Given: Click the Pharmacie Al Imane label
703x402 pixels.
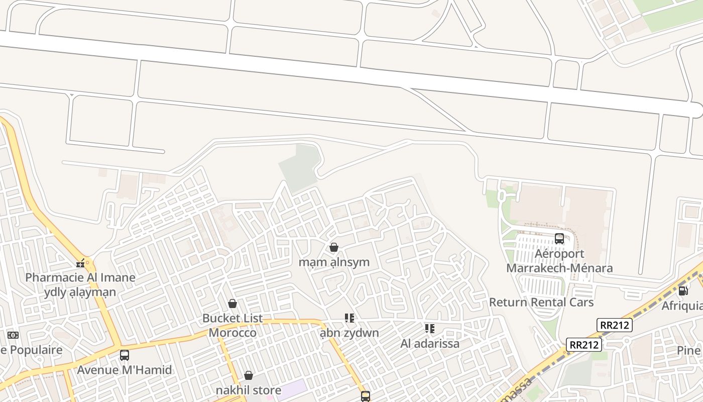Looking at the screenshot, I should (80, 277).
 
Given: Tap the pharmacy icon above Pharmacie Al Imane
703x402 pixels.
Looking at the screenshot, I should (80, 263).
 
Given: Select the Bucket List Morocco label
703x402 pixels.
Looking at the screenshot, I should (232, 325).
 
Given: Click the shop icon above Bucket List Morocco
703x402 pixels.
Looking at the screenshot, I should (232, 304).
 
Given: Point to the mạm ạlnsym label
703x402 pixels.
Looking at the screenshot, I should (334, 262).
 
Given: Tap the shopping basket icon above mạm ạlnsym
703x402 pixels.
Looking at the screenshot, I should (333, 247).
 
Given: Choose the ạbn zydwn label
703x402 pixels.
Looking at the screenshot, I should (349, 333).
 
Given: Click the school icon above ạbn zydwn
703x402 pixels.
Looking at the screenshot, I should (349, 318).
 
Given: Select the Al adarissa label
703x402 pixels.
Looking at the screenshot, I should (430, 344).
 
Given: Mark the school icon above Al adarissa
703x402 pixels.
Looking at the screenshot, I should (429, 329).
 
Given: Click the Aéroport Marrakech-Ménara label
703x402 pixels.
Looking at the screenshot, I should (559, 261).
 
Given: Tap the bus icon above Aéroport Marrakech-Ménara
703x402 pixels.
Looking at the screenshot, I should (559, 239).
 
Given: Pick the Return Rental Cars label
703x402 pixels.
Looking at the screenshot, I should (541, 302).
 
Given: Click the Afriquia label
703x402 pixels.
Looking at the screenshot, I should (683, 306).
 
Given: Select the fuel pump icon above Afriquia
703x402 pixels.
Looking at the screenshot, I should (683, 290).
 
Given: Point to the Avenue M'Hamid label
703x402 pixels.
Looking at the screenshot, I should (125, 370).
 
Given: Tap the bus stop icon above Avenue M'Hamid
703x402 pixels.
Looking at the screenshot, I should (125, 355).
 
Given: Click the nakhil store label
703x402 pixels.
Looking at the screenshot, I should (249, 390).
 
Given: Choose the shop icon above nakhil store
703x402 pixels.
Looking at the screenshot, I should (249, 375).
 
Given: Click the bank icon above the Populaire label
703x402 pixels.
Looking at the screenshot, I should (13, 335).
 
